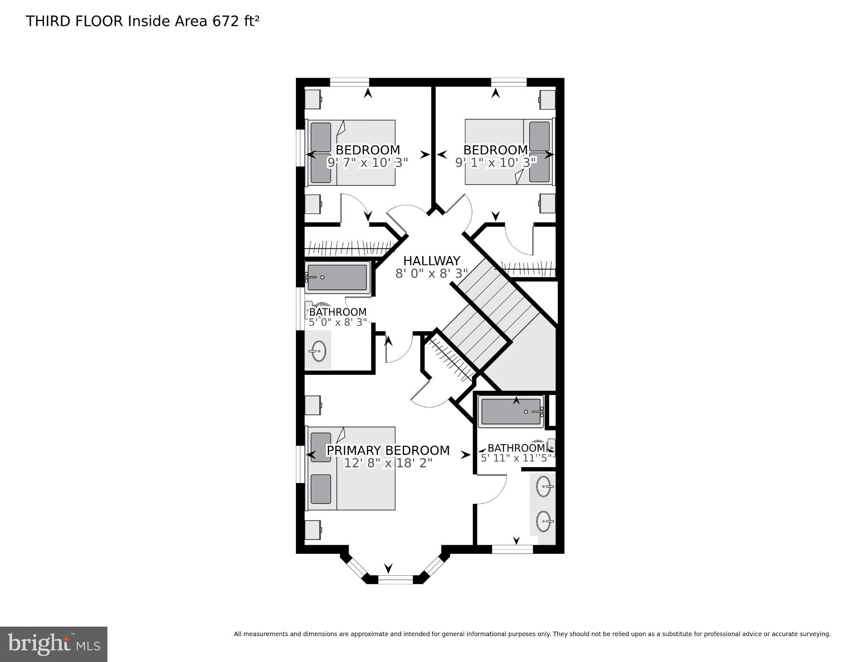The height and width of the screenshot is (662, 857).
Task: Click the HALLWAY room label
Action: click(x=431, y=261)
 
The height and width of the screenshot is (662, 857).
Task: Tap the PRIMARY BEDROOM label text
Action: click(x=388, y=450)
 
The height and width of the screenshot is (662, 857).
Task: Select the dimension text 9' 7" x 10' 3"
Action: click(x=367, y=163)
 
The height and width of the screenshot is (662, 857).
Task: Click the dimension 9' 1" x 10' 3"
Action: click(x=496, y=163)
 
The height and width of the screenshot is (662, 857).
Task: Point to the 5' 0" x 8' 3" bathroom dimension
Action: click(x=338, y=322)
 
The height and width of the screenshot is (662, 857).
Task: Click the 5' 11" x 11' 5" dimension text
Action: click(x=517, y=458)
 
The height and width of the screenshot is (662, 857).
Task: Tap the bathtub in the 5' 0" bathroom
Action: click(x=338, y=277)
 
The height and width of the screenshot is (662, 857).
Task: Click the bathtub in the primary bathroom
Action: click(x=511, y=411)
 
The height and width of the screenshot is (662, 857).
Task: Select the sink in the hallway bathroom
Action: click(x=318, y=351)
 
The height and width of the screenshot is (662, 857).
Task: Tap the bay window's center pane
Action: click(x=395, y=580)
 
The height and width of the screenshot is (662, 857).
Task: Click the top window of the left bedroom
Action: click(x=349, y=82)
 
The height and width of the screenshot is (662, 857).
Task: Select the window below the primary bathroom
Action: click(x=512, y=549)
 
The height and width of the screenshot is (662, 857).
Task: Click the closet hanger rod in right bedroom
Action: click(x=529, y=269)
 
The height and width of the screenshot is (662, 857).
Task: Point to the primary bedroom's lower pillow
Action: click(x=320, y=489)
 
